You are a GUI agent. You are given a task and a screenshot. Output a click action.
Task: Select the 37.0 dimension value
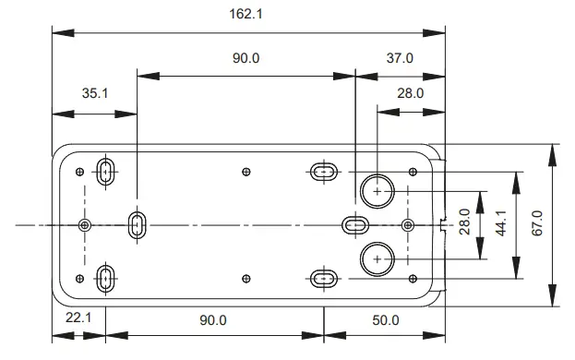(399, 58)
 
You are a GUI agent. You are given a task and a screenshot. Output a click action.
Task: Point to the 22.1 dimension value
(78, 320)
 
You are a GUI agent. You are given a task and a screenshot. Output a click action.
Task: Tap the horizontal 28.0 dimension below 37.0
(409, 92)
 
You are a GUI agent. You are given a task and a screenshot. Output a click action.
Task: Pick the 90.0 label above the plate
(246, 58)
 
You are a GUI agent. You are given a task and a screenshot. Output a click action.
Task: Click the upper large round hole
(377, 190)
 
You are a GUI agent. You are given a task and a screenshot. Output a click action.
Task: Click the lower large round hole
(377, 258)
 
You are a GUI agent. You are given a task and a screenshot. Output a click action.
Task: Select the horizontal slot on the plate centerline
(356, 224)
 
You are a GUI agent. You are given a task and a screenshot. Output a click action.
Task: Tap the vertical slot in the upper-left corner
(106, 171)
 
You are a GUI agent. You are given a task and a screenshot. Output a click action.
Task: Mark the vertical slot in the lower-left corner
(106, 277)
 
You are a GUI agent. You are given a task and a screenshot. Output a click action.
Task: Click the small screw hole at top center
(246, 171)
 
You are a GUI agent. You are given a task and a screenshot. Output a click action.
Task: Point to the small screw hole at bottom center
(246, 277)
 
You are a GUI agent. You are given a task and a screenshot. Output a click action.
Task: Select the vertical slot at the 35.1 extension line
(137, 224)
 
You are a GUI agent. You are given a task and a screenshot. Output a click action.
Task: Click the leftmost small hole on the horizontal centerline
(85, 224)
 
